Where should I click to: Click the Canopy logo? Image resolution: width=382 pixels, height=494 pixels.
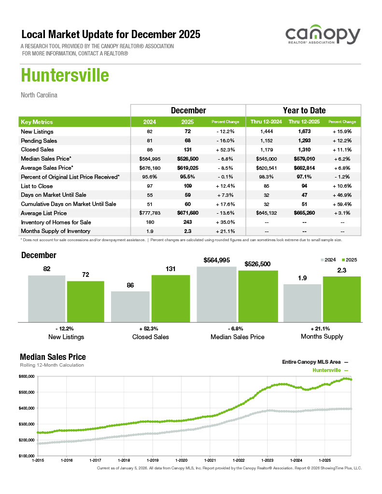click(323, 37)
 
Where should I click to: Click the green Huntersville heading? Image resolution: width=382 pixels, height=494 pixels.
click(65, 76)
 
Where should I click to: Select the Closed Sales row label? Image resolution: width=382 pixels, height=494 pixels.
click(37, 150)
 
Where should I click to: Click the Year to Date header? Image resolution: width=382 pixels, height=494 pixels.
click(304, 110)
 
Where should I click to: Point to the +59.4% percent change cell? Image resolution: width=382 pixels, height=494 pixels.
click(342, 204)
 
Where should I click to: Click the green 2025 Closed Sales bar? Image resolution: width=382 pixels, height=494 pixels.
click(170, 298)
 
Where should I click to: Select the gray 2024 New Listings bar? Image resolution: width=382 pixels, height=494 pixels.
click(46, 298)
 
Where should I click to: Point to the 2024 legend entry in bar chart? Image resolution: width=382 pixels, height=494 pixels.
click(328, 260)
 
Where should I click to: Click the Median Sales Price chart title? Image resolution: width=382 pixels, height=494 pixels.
click(53, 357)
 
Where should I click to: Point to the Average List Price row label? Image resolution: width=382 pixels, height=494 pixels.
click(43, 213)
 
